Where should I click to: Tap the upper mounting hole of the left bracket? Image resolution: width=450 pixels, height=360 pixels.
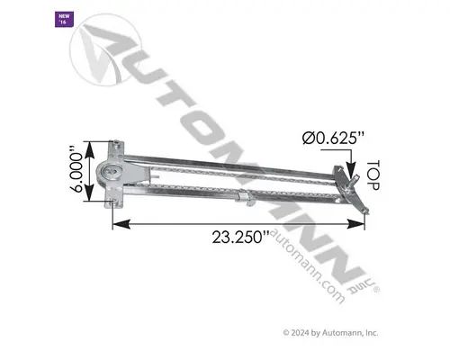[116, 145]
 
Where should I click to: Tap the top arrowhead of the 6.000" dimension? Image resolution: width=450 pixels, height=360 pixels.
[91, 144]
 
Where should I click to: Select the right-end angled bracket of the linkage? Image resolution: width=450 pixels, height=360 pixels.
[359, 194]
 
